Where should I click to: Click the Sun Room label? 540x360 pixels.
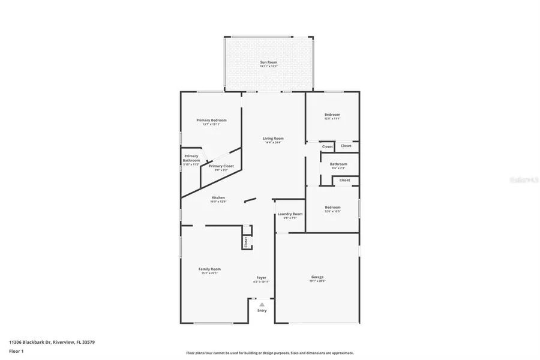click(x=268, y=62)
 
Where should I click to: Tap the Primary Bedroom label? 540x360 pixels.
click(x=211, y=121)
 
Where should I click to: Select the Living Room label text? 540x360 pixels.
click(x=273, y=139)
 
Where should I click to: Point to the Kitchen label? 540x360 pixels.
click(x=218, y=198)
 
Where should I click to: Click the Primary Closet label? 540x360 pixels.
click(x=221, y=166)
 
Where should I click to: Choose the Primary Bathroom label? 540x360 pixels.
click(x=191, y=158)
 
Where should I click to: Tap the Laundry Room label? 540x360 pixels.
click(x=290, y=214)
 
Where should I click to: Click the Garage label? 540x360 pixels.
click(x=317, y=277)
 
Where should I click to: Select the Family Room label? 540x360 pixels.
click(x=209, y=269)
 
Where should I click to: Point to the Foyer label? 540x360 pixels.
click(x=262, y=278)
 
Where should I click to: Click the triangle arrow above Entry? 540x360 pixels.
click(x=262, y=305)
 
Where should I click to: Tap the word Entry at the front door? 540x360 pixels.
click(x=262, y=311)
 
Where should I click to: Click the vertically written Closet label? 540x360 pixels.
click(x=246, y=241)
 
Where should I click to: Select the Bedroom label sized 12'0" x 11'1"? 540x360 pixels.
click(x=332, y=115)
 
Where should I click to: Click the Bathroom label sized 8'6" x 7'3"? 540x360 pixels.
click(x=338, y=164)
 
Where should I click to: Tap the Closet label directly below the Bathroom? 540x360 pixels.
click(x=344, y=180)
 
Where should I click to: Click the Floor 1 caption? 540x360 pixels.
click(x=17, y=352)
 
